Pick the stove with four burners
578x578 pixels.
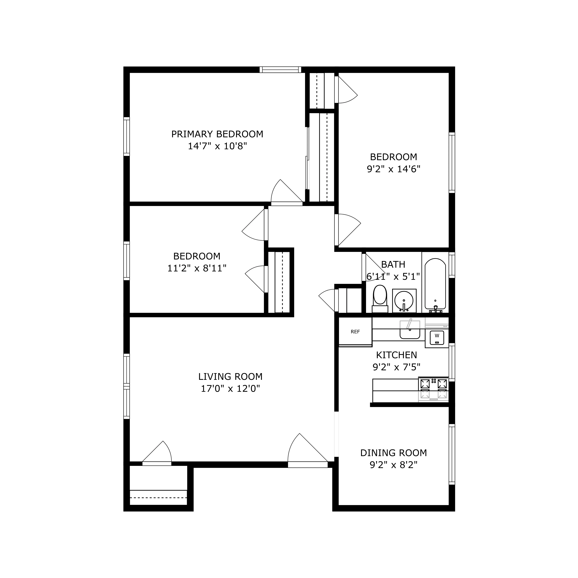[x=433, y=389]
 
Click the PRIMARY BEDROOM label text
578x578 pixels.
[x=217, y=134]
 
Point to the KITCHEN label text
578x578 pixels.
[x=396, y=355]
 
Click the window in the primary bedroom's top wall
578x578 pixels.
[x=280, y=70]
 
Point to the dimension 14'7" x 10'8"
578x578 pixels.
[x=217, y=146]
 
